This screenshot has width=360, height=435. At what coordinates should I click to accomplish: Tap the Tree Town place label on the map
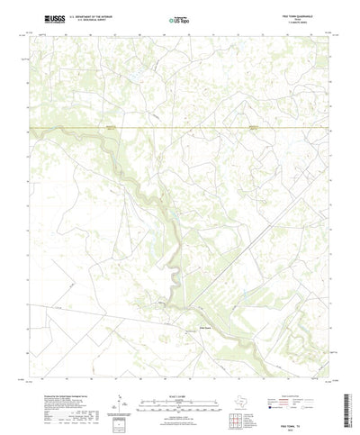pyautogui.click(x=206, y=328)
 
